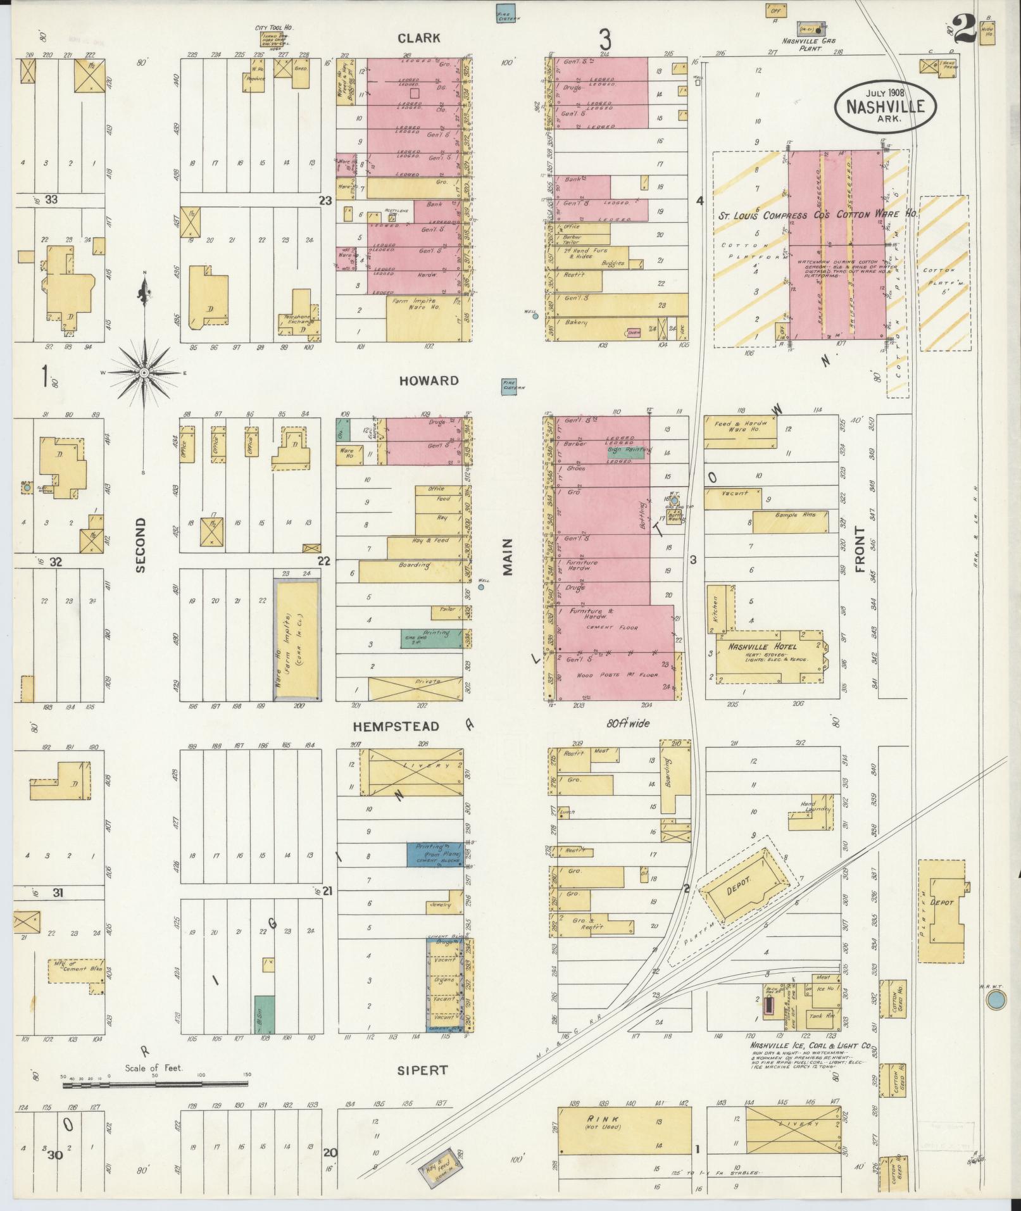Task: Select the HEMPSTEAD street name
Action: click(396, 725)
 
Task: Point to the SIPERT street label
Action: click(422, 1070)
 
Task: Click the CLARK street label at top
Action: click(418, 39)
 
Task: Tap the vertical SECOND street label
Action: click(141, 544)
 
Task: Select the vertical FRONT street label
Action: click(860, 549)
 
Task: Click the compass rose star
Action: click(144, 373)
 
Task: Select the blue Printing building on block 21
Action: click(434, 855)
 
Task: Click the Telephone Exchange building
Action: click(298, 319)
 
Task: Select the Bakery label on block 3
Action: click(576, 323)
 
